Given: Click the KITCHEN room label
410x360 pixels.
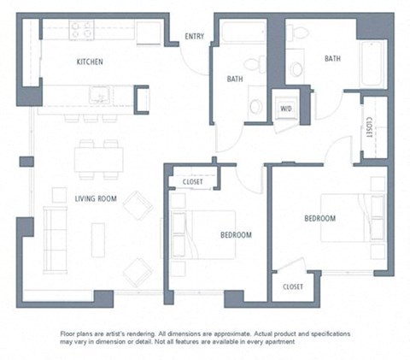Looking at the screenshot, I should (90, 62).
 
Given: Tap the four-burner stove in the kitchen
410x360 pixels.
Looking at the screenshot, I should (81, 31).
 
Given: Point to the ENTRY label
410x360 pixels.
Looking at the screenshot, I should (195, 36).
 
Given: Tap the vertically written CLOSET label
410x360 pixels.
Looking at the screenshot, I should (368, 127).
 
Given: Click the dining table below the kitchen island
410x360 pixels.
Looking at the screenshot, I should (98, 159).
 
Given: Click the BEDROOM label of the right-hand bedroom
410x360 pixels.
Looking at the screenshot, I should (319, 219).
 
